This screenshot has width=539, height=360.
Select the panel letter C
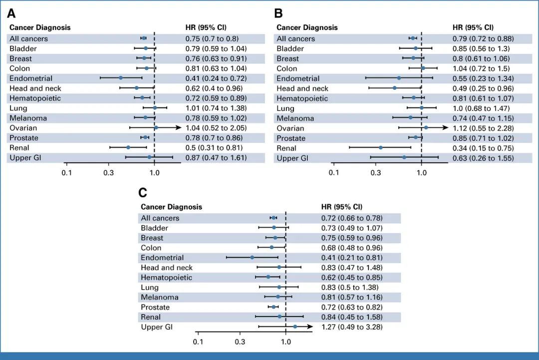click(x=143, y=193)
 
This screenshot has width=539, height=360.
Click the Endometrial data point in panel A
click(x=121, y=78)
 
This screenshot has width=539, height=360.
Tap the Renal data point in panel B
click(x=380, y=147)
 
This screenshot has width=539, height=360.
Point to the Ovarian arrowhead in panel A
click(x=178, y=128)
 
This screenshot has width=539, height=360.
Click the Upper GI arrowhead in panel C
click(x=310, y=327)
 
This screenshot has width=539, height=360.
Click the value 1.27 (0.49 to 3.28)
click(x=351, y=327)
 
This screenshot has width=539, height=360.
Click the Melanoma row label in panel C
click(x=159, y=297)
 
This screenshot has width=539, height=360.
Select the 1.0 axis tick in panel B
click(x=422, y=173)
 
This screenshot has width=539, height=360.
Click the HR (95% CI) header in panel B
click(x=473, y=27)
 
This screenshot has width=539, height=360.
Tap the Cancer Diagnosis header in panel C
click(x=171, y=207)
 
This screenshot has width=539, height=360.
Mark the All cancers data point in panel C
click(x=273, y=218)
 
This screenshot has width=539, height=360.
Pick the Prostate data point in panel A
click(x=145, y=137)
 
